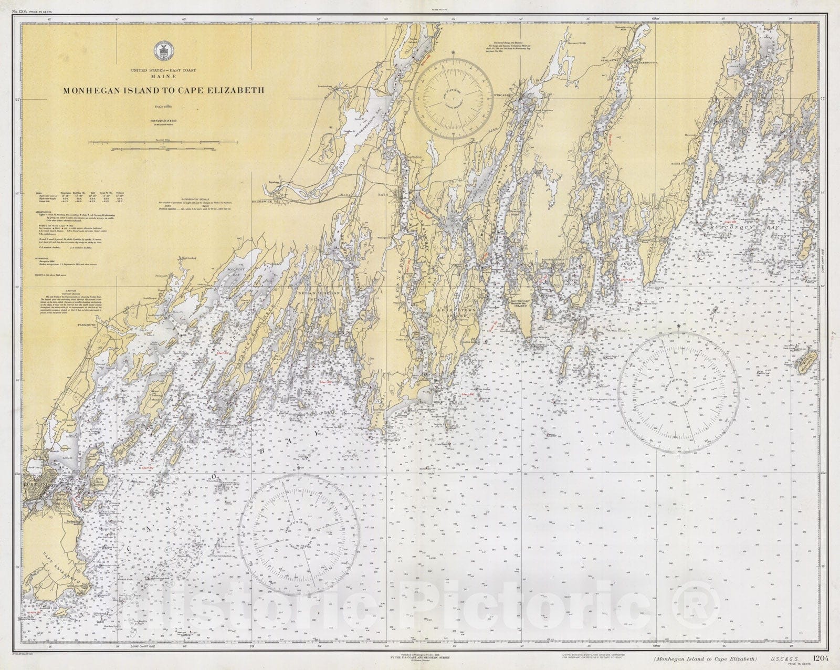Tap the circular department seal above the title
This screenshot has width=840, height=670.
[x=162, y=51]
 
